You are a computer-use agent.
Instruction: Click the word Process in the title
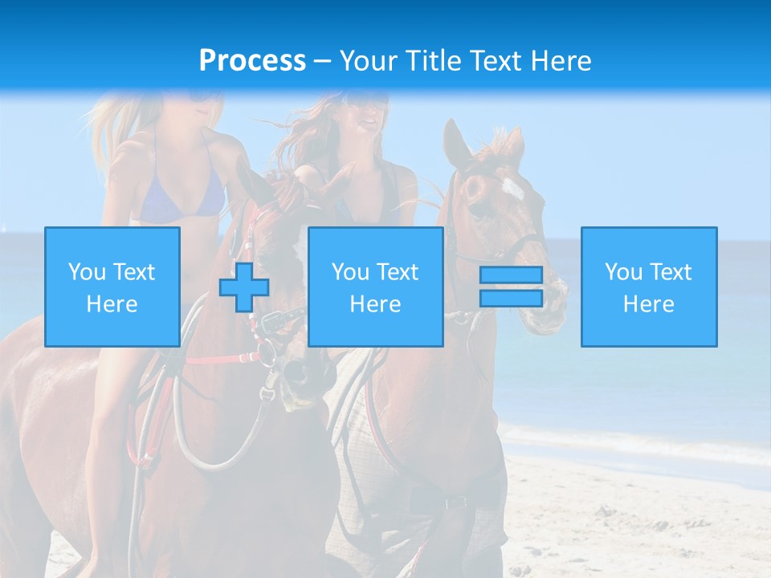click(252, 61)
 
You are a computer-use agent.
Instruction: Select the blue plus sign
click(244, 287)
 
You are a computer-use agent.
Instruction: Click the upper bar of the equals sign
click(511, 275)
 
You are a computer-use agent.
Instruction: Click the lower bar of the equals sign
click(511, 298)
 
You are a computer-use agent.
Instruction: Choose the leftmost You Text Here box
click(112, 287)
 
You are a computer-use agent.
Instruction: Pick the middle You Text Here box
click(375, 287)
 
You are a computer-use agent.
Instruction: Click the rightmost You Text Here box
click(648, 287)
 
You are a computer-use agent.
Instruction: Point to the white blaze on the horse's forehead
click(512, 189)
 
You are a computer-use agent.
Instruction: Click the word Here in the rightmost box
click(648, 303)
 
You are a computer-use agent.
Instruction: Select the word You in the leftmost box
click(87, 271)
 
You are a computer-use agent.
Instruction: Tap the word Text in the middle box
click(398, 271)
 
